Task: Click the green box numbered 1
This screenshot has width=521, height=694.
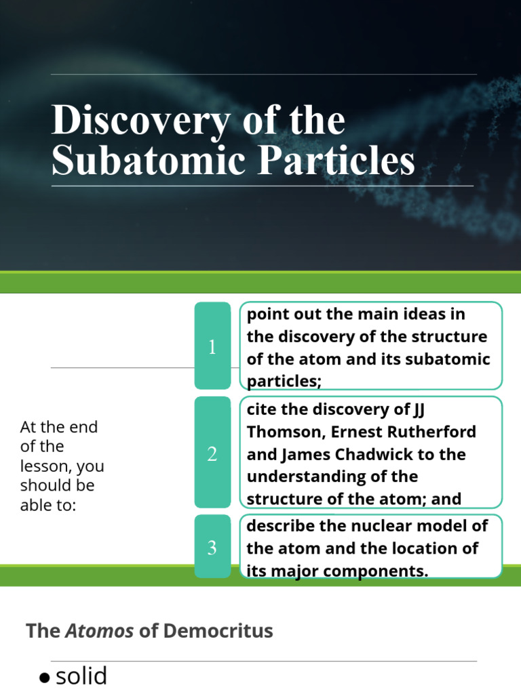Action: point(212,347)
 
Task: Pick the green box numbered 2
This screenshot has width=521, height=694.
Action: point(212,453)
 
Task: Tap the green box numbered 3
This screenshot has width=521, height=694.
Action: point(212,547)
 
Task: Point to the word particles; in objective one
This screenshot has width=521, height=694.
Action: point(284,382)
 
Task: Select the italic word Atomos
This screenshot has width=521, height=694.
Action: point(100,631)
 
